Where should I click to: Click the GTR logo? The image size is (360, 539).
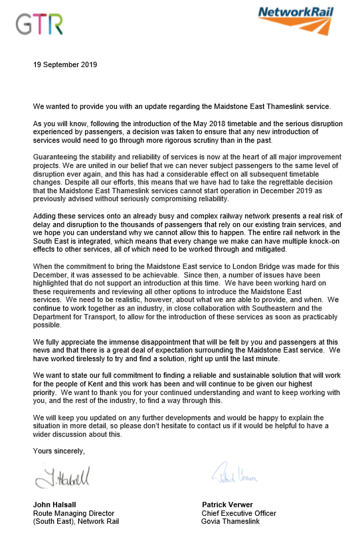pyautogui.click(x=40, y=25)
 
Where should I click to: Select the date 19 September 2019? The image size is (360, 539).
pyautogui.click(x=65, y=65)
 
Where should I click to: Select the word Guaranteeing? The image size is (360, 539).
pyautogui.click(x=56, y=155)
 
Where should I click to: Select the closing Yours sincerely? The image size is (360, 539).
pyautogui.click(x=58, y=451)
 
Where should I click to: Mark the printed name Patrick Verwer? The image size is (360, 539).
pyautogui.click(x=228, y=504)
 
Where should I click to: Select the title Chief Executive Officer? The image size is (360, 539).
pyautogui.click(x=238, y=513)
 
